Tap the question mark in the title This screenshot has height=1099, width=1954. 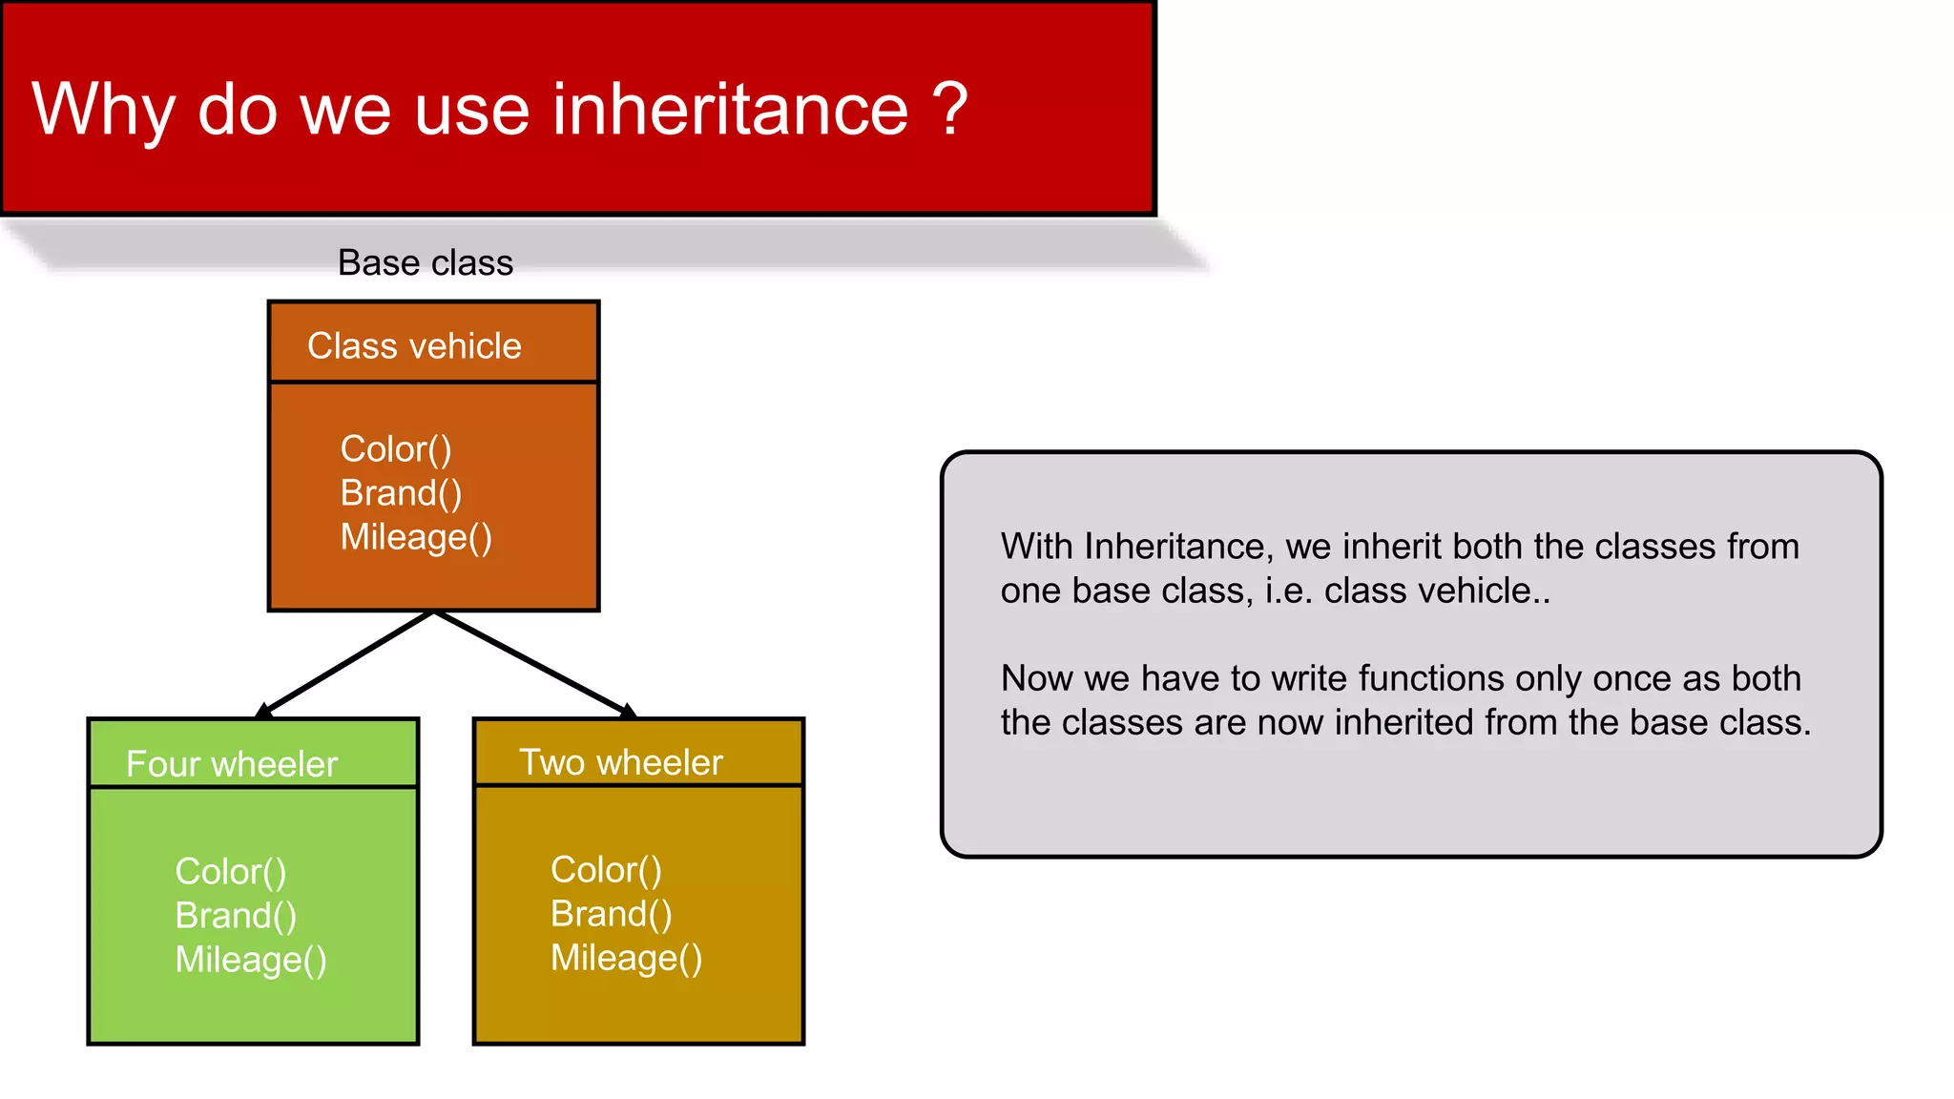(949, 109)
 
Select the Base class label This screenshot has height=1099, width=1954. (426, 262)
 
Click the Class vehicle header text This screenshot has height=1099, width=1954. (414, 345)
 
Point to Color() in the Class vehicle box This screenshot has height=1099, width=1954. (396, 449)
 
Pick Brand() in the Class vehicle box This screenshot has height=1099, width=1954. (401, 493)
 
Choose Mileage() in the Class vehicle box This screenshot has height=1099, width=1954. (416, 537)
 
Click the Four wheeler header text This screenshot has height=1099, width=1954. (232, 764)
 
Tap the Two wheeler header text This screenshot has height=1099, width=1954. (620, 762)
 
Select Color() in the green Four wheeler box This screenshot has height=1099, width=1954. (231, 872)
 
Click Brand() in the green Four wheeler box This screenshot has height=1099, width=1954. (236, 916)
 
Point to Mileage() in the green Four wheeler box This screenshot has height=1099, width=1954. (251, 960)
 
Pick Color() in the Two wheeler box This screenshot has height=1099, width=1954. (606, 870)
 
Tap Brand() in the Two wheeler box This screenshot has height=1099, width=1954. (611, 914)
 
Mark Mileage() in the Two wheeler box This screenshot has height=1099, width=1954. (626, 958)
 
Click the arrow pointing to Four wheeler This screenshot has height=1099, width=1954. (345, 664)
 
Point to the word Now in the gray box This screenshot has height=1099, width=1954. (1036, 678)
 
